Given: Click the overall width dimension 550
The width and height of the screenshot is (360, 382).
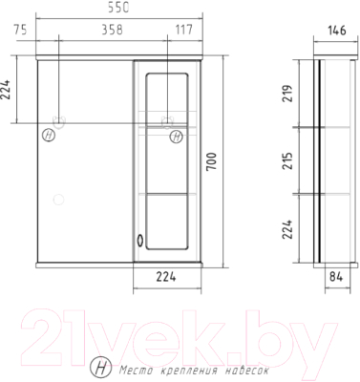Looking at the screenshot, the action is [x=117, y=8].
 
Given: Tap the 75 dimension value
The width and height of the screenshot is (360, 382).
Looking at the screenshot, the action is [x=20, y=30].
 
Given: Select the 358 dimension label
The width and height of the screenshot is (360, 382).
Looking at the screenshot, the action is [x=112, y=30].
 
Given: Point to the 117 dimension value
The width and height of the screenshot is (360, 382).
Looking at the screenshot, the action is [x=184, y=30].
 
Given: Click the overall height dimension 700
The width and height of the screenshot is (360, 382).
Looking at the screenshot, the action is [x=212, y=162].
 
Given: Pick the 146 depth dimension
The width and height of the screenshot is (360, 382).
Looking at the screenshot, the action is [x=336, y=31].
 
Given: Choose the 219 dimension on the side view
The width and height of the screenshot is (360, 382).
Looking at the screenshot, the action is [x=287, y=93].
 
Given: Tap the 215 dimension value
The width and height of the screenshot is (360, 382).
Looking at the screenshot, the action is [x=287, y=160].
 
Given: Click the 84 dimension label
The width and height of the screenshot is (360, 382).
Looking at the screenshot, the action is [x=336, y=277].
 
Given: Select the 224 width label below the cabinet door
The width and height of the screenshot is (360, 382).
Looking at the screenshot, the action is [x=166, y=277].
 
